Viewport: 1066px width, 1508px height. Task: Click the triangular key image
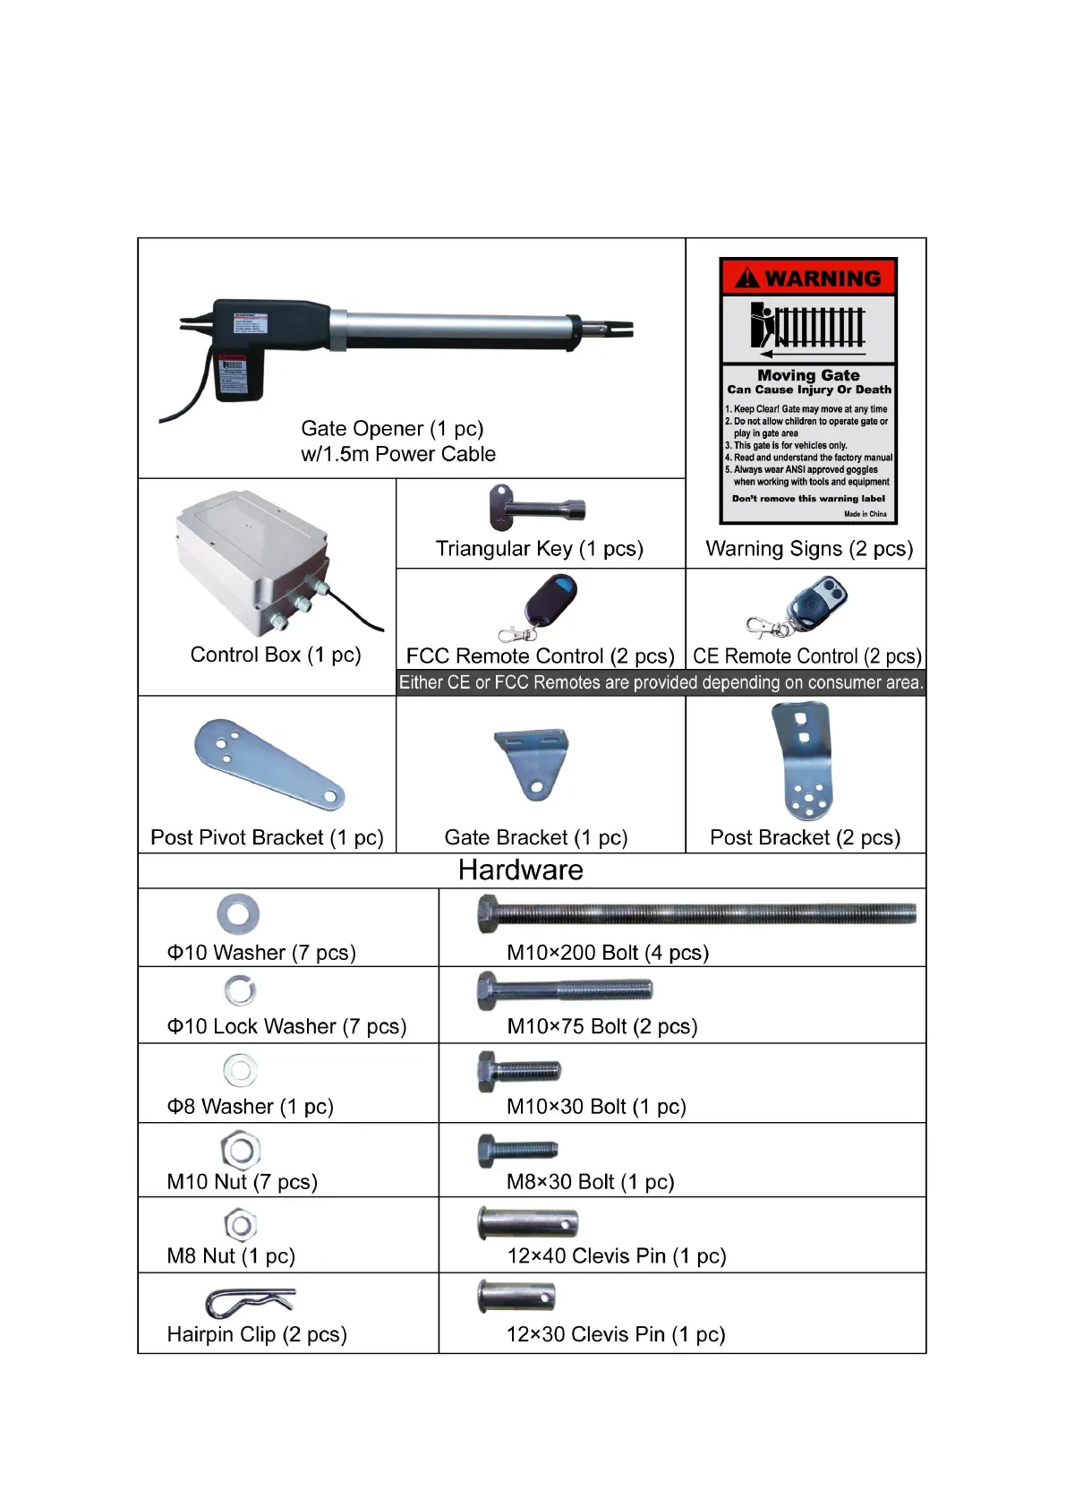point(536,508)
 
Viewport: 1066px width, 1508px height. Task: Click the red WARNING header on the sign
point(808,278)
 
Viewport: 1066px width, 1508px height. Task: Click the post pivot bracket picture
point(267,763)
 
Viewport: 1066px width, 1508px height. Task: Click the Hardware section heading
point(520,870)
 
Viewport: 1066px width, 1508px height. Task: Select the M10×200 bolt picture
point(695,913)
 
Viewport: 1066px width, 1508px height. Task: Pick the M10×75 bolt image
point(565,990)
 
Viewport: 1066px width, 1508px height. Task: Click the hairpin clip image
point(250,1301)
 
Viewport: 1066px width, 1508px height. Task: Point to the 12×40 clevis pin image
point(528,1223)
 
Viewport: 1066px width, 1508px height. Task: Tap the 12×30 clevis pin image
point(516,1297)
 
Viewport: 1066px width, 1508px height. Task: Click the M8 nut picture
point(241,1224)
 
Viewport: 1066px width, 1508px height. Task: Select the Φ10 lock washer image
point(240,990)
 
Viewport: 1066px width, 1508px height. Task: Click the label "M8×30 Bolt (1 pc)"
point(590,1182)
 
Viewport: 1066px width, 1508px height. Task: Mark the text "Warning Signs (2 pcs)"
point(809,549)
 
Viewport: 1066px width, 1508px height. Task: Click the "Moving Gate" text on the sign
point(808,375)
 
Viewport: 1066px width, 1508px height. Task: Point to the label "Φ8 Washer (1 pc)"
point(250,1107)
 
